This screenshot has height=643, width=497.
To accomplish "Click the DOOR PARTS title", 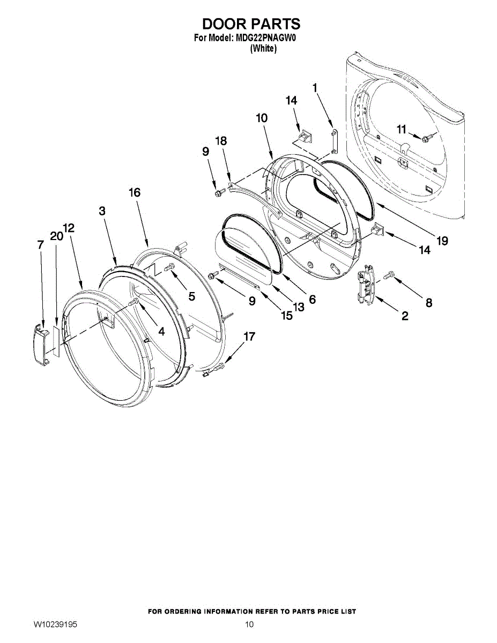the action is (251, 24).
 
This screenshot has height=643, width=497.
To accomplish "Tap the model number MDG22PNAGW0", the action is (266, 39).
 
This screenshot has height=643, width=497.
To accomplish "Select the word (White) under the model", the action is (263, 48).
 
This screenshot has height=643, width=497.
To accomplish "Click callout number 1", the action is (315, 87).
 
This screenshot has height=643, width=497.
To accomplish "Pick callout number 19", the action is (442, 241).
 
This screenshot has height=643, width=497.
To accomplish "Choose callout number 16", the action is (134, 192).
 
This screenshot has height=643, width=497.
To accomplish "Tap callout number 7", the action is (40, 244).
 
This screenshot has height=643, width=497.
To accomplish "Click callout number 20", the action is (56, 236).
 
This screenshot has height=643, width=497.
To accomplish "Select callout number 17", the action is (249, 337).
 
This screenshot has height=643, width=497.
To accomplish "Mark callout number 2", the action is (404, 316).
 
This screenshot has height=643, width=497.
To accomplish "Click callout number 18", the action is (221, 141).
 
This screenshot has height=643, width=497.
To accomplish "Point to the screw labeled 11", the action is (426, 138).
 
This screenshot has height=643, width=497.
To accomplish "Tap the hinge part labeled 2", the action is (366, 286).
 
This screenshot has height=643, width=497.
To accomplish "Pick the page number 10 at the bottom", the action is (249, 625).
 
